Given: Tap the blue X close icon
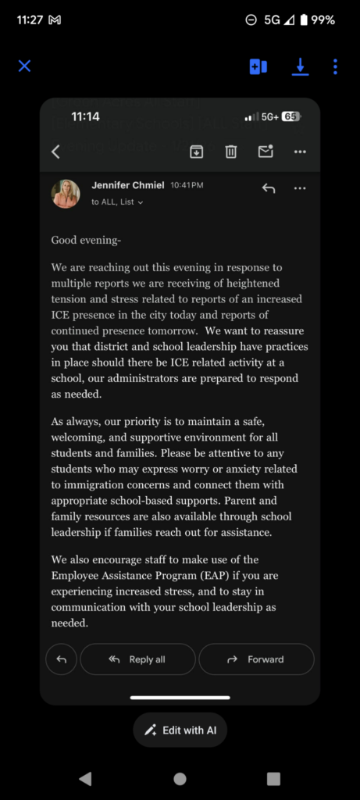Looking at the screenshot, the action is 24,66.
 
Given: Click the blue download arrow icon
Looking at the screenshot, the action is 300,66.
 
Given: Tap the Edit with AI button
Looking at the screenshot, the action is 180,730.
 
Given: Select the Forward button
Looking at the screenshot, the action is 256,659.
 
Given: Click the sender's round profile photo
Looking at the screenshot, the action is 66,193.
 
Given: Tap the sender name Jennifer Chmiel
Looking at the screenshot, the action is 127,185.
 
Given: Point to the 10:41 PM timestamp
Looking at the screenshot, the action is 187,185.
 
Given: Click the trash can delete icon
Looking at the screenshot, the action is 231,152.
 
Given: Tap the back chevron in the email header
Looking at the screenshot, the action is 55,152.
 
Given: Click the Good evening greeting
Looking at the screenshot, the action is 86,240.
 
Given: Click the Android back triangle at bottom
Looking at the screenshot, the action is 85,778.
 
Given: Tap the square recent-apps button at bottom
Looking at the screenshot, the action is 273,778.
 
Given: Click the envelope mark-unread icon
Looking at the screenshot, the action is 266,152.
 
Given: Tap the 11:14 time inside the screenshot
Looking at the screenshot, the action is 85,116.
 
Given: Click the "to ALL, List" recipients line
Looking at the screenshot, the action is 116,202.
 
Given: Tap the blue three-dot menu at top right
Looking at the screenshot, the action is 335,66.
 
